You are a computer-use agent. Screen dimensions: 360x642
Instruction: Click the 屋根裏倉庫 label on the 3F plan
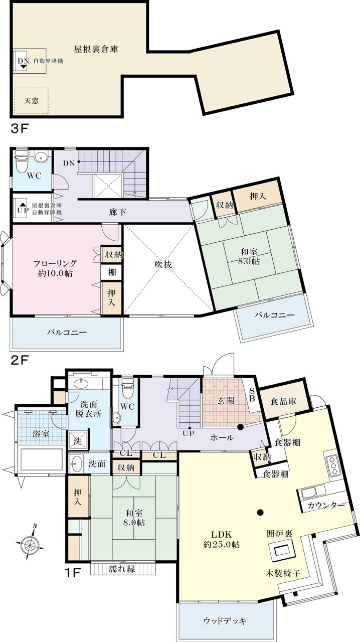[96, 49]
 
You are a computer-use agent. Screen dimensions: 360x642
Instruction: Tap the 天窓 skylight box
[31, 101]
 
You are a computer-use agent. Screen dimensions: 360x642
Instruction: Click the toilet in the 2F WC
[21, 162]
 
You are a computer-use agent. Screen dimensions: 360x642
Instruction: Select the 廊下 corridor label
[117, 212]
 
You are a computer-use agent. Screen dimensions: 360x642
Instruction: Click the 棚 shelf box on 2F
[112, 271]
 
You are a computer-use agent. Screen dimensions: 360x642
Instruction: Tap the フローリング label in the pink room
[55, 263]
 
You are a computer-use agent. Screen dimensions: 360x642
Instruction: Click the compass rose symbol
[30, 544]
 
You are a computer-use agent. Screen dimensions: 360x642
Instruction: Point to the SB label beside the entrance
[252, 395]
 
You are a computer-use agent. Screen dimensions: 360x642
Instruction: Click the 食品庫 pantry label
[283, 402]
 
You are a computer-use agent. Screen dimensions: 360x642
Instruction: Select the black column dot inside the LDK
[260, 512]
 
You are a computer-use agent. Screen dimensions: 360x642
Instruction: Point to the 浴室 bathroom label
[41, 434]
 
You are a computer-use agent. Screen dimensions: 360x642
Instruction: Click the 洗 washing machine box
[78, 441]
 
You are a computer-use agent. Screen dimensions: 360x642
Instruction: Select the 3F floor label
[19, 128]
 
